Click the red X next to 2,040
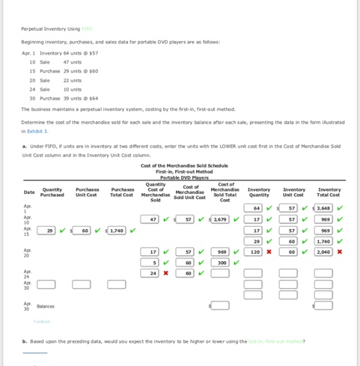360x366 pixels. (x=340, y=252)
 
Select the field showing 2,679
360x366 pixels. (x=220, y=219)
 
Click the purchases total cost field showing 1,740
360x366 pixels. (x=117, y=231)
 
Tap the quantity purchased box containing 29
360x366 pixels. (x=47, y=231)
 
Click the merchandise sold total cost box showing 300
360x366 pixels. (x=220, y=263)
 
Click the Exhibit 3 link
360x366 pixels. (x=37, y=131)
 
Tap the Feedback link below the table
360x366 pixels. (x=42, y=322)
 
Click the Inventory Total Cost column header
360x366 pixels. (x=329, y=192)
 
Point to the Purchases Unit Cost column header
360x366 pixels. (x=87, y=192)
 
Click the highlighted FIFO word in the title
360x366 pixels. (x=88, y=28)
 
